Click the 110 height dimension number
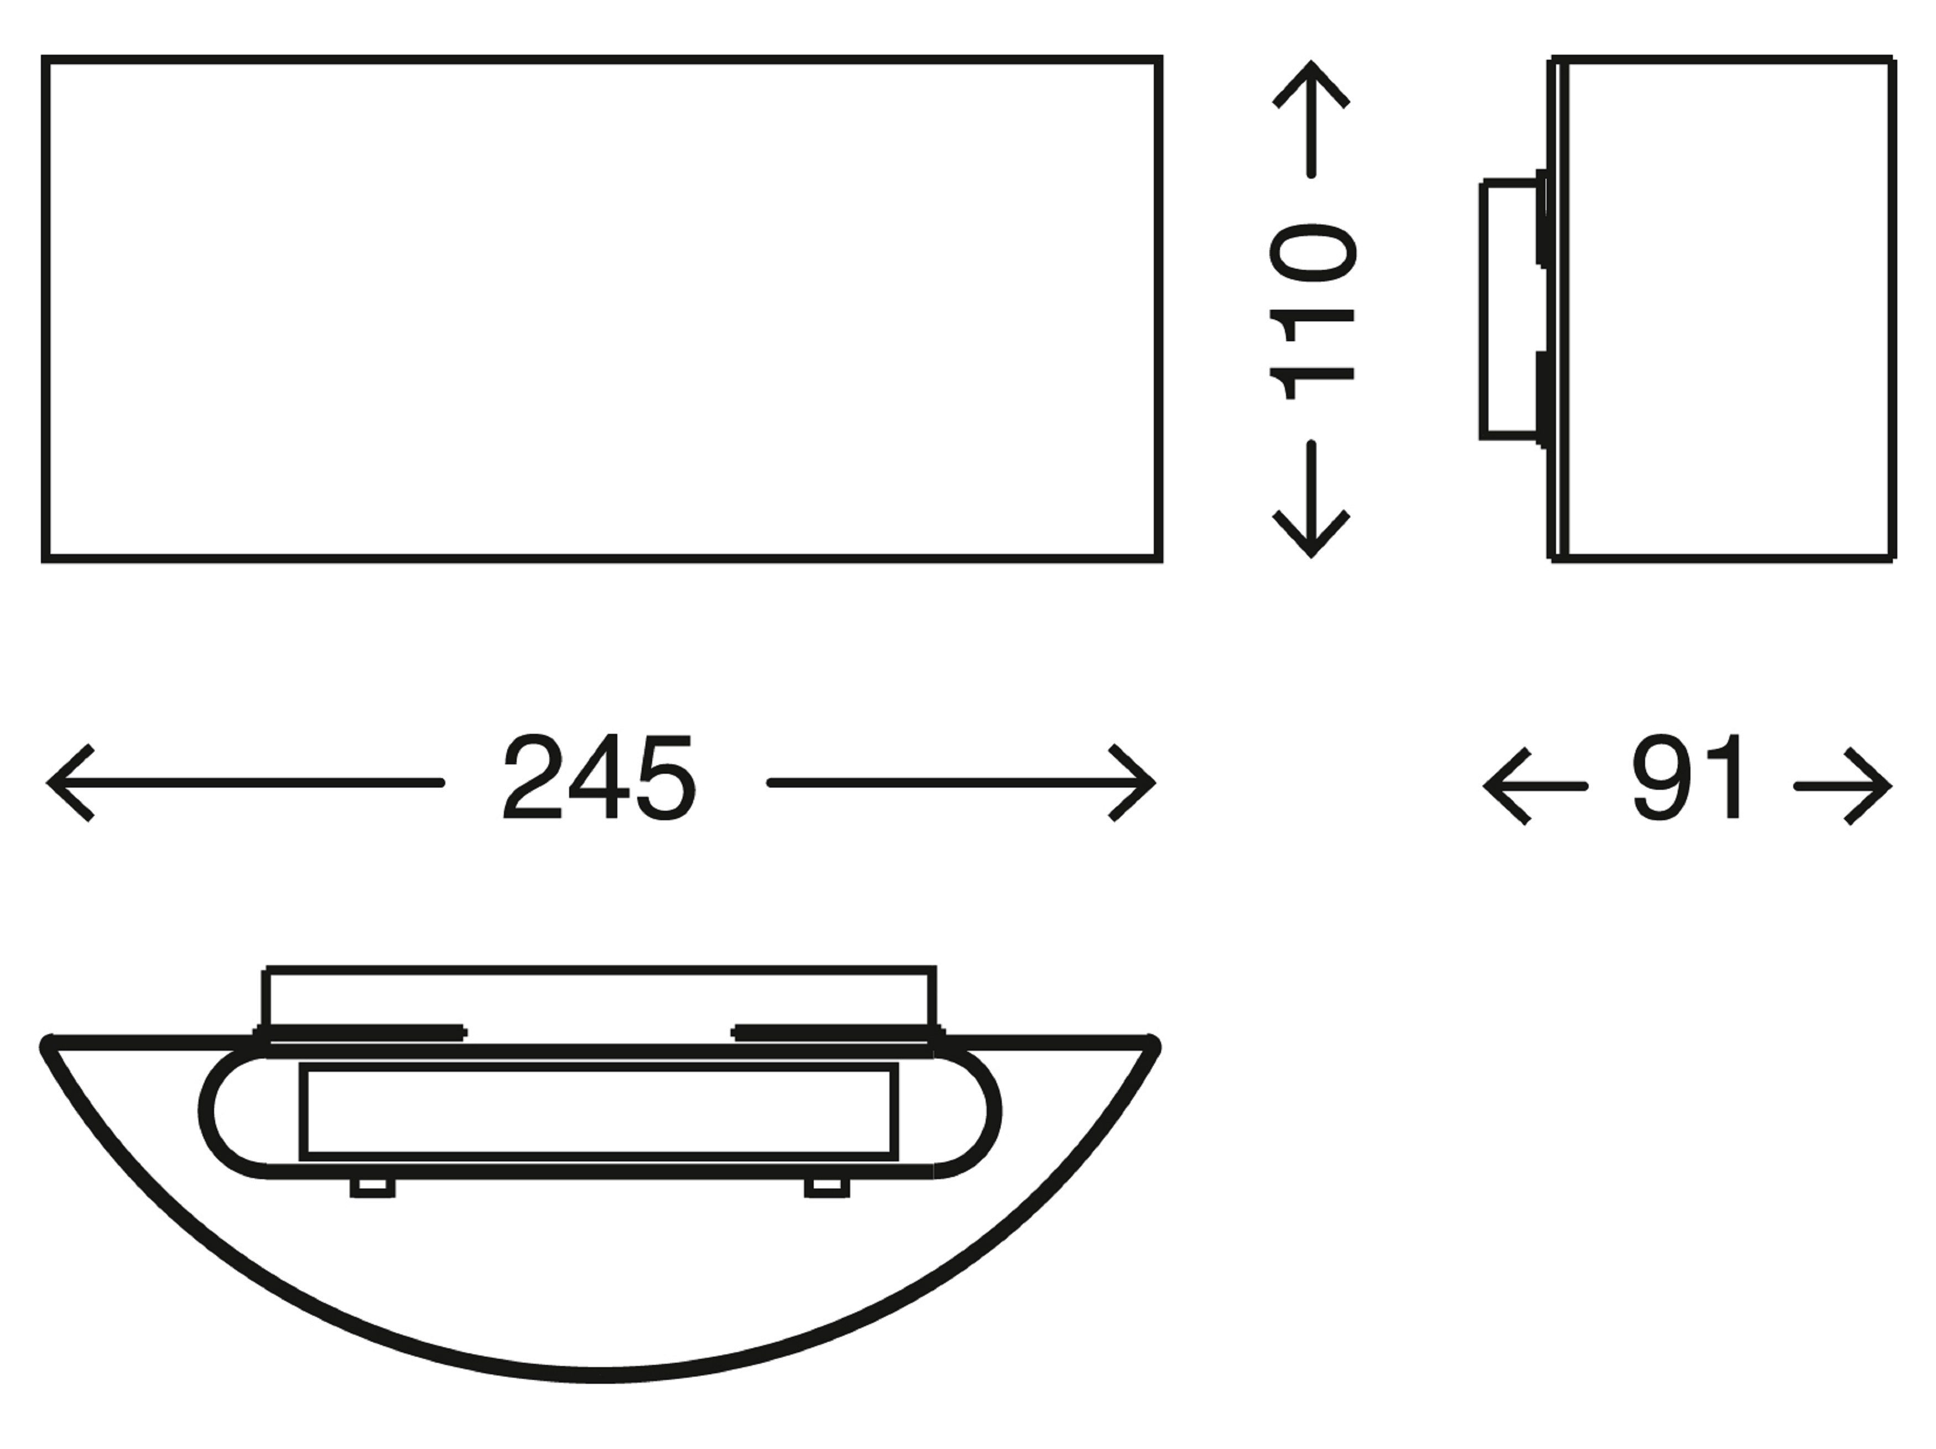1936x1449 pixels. point(1312,311)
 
